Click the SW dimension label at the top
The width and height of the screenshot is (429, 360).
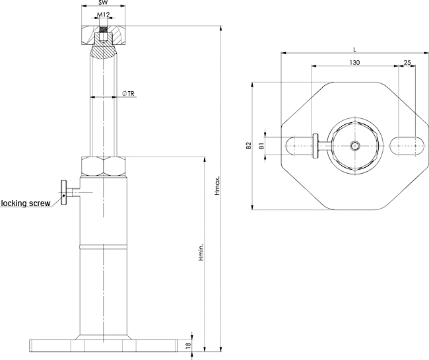103,3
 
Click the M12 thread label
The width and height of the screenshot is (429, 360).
103,14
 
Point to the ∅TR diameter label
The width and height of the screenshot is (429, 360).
129,94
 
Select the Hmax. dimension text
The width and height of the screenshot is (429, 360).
217,189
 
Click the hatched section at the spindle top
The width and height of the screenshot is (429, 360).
103,50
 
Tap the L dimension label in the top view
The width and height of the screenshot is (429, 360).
354,49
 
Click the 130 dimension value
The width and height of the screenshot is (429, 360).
354,62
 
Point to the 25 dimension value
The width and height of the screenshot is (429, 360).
407,62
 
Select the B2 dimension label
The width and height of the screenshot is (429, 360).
248,146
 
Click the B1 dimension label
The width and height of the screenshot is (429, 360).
261,145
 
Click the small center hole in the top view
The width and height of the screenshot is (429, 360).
355,146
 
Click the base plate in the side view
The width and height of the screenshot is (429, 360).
104,345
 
